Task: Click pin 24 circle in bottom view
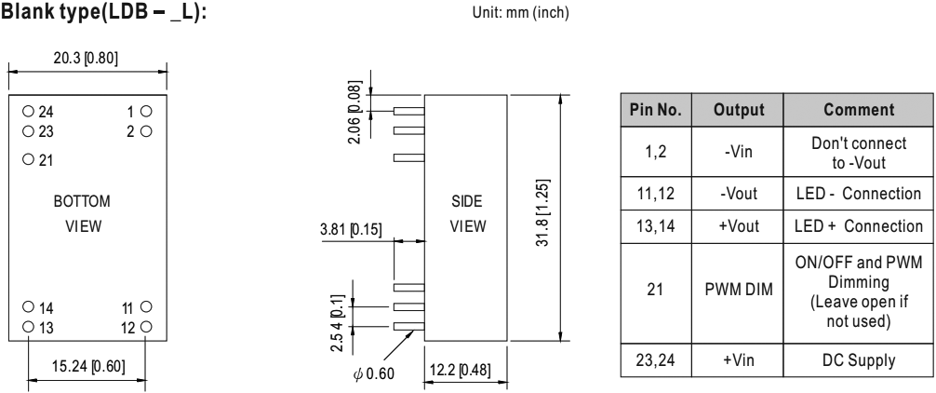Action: point(28,111)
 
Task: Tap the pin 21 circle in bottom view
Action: point(28,159)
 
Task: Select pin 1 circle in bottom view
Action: point(146,111)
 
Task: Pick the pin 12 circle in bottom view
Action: point(146,327)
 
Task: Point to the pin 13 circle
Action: point(28,327)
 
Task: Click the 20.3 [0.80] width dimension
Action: point(86,59)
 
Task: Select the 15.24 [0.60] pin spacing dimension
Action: point(88,366)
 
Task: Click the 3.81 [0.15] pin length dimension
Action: point(351,229)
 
